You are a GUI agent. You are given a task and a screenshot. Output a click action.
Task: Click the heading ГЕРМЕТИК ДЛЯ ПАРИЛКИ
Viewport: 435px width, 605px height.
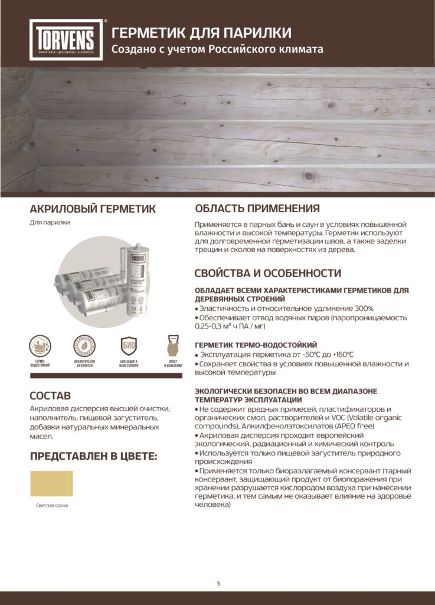tap(201, 32)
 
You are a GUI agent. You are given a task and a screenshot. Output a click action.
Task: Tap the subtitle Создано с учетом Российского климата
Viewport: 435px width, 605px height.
tap(218, 49)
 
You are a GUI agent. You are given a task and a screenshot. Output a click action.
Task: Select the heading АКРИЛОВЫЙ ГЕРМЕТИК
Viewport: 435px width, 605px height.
tap(93, 209)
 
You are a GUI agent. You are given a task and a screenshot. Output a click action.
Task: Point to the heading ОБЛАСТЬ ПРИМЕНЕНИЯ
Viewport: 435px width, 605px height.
tap(257, 209)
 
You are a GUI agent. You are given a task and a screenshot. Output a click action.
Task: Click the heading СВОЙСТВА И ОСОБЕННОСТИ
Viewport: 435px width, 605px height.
tap(268, 273)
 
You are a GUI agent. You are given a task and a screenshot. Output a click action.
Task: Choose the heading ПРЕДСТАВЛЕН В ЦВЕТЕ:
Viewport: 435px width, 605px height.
tap(94, 456)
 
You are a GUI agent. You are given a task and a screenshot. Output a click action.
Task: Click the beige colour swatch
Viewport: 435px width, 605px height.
tap(51, 483)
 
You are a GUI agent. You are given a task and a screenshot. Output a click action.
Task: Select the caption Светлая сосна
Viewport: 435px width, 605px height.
tap(51, 506)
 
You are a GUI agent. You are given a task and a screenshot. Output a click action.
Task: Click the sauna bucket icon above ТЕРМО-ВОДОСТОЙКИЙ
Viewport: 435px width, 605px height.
tap(40, 346)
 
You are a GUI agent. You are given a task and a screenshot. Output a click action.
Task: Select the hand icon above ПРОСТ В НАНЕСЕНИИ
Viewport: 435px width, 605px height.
tap(173, 346)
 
